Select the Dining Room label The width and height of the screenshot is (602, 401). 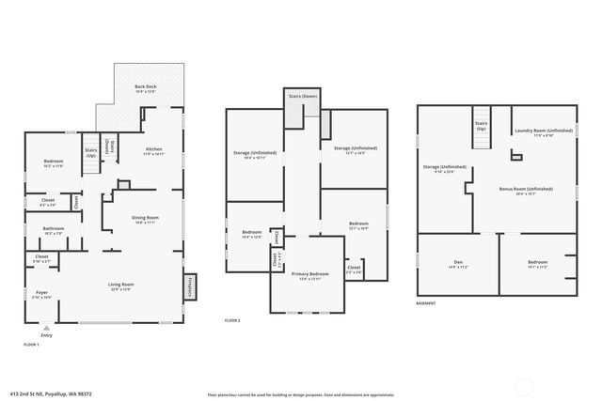(x=144, y=221)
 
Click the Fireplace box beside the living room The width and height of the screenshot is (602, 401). (x=189, y=286)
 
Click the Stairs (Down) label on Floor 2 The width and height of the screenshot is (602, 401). (x=296, y=97)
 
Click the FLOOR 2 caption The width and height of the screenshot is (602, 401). (x=232, y=320)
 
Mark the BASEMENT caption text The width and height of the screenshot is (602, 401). (x=426, y=303)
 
